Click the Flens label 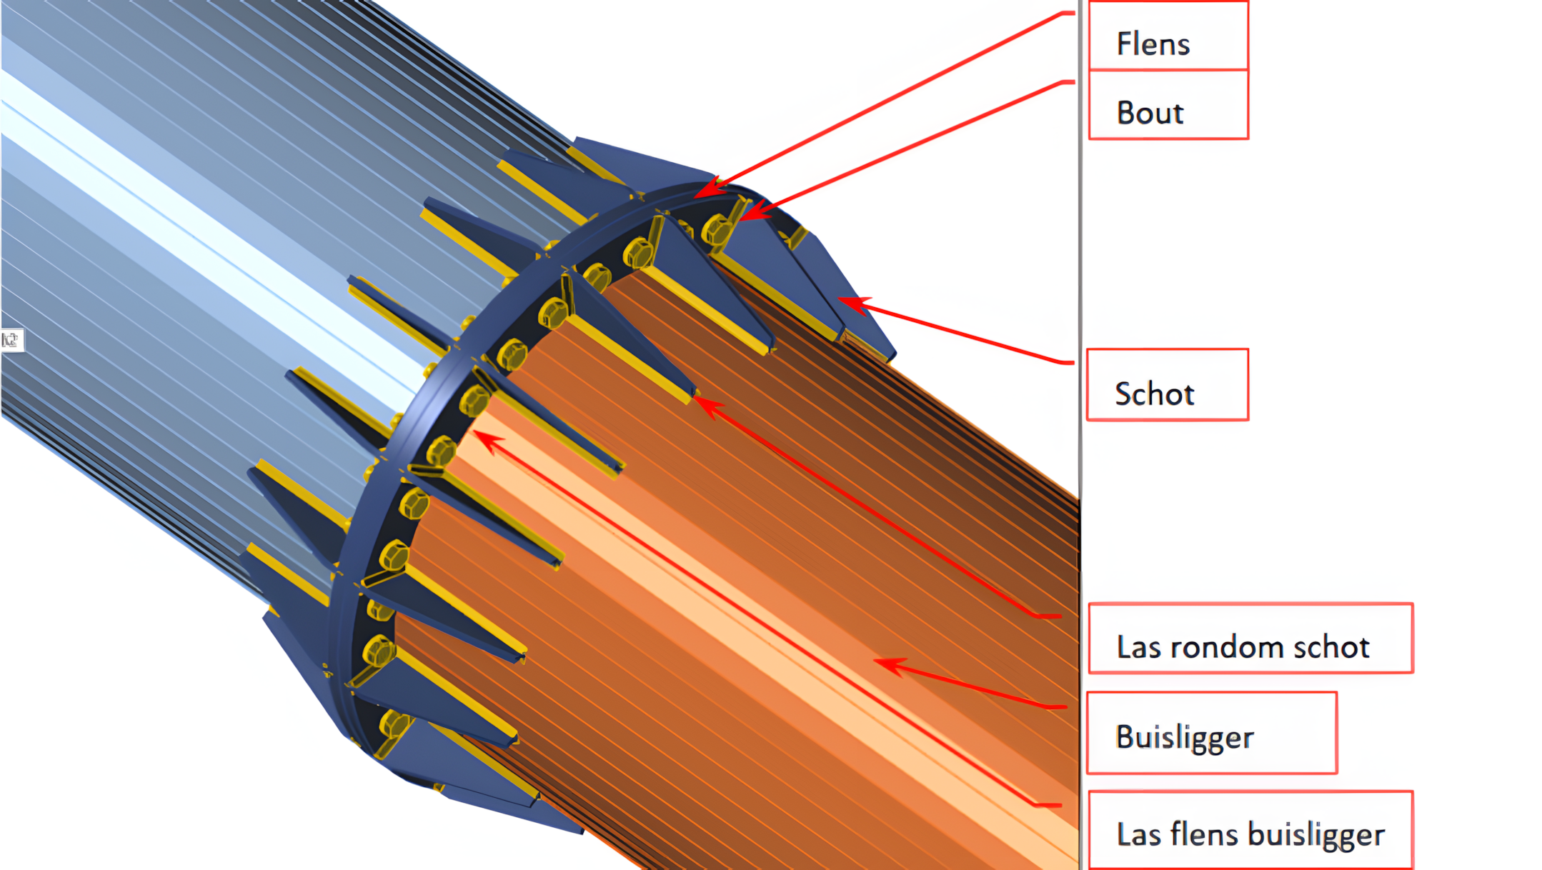click(x=1153, y=44)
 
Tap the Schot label click(x=1154, y=394)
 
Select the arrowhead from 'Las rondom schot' click(x=701, y=404)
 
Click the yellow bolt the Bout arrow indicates click(x=716, y=229)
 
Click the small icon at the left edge click(x=11, y=340)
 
